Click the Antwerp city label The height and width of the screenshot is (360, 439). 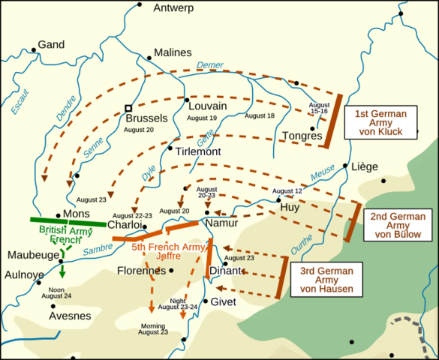(x=173, y=8)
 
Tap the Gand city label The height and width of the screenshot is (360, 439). (x=52, y=45)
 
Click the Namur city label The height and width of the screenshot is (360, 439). (x=221, y=223)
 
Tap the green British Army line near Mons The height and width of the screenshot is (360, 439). (x=68, y=222)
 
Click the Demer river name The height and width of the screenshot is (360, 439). (x=211, y=65)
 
